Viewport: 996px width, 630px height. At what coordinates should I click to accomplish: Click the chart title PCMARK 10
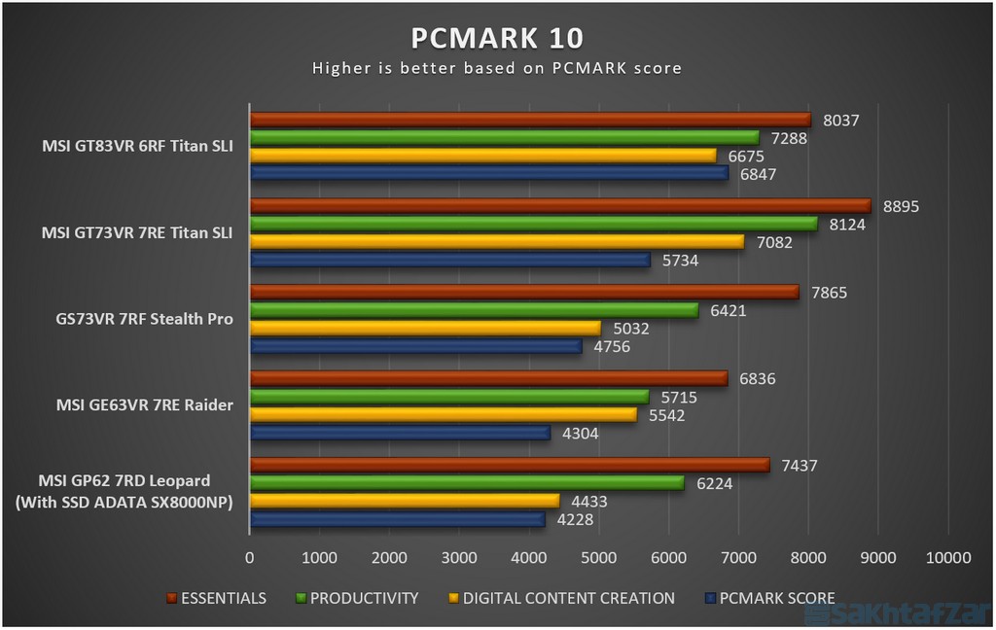click(497, 38)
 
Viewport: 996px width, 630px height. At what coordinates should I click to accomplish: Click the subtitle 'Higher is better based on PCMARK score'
click(497, 68)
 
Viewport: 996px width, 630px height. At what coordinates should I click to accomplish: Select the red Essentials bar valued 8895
click(560, 206)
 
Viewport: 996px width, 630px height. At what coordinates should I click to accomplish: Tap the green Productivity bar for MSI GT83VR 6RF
click(504, 138)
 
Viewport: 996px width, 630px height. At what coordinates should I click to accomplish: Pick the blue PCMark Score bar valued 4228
click(397, 520)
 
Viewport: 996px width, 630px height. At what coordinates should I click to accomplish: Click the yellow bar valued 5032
click(425, 329)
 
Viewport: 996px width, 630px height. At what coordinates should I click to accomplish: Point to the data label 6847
click(759, 173)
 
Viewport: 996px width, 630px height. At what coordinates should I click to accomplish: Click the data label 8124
click(846, 225)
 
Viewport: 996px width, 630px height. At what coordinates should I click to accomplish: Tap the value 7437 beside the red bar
click(800, 466)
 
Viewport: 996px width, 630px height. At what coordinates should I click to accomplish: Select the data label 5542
click(666, 415)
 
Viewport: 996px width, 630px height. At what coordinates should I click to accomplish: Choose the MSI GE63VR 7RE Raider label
click(144, 404)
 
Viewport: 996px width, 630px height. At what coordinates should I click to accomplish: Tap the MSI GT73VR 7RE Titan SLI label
click(137, 232)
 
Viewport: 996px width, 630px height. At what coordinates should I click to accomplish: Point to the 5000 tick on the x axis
click(599, 558)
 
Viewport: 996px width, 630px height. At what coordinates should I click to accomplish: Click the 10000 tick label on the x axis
click(948, 558)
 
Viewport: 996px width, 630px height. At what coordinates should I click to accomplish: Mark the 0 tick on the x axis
click(250, 558)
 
